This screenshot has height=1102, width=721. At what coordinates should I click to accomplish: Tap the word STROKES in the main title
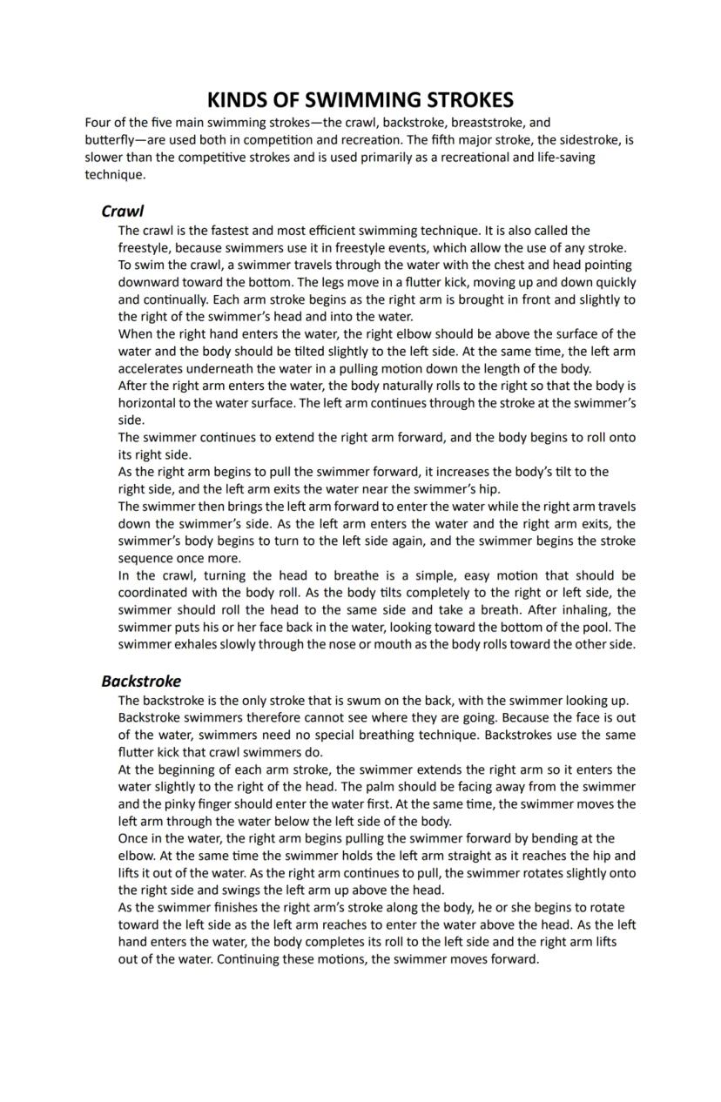pos(471,99)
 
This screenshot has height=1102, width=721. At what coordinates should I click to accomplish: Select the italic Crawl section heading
pos(122,211)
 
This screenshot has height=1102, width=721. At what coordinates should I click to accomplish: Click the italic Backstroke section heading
pos(141,681)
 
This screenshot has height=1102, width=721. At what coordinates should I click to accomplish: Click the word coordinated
pos(154,593)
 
